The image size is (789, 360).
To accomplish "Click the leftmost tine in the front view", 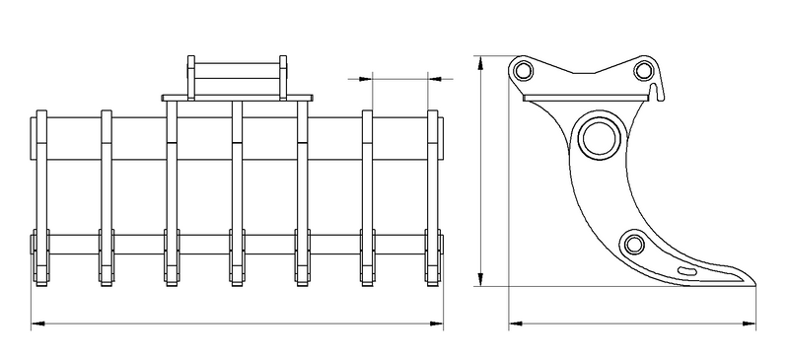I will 40,197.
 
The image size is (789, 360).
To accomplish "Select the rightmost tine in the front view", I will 433,197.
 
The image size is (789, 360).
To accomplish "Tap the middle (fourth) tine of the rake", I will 237,197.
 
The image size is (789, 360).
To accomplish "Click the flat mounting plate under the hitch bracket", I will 237,98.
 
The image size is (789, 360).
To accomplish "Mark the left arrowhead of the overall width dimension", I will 36,323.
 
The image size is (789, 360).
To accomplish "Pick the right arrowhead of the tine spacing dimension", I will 433,77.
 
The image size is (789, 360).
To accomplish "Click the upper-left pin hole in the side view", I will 522,70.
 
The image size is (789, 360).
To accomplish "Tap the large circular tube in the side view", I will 600,137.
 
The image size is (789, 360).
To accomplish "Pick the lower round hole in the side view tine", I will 632,243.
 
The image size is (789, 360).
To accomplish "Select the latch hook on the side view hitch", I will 658,92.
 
